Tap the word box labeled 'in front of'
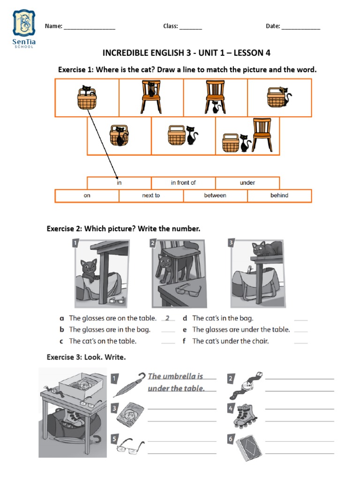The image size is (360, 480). tap(183, 183)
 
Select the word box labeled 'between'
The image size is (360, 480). tap(215, 195)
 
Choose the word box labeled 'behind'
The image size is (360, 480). tap(279, 195)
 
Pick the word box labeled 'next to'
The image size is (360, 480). tap(151, 195)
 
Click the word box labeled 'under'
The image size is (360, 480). tap(247, 183)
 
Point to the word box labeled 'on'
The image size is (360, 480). tap(87, 195)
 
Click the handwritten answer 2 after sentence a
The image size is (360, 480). tap(167, 318)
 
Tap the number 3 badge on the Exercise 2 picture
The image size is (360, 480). tap(231, 243)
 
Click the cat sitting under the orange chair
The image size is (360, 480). tap(216, 107)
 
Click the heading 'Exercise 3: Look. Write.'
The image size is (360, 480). tap(86, 357)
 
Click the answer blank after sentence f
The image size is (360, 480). tap(301, 342)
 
